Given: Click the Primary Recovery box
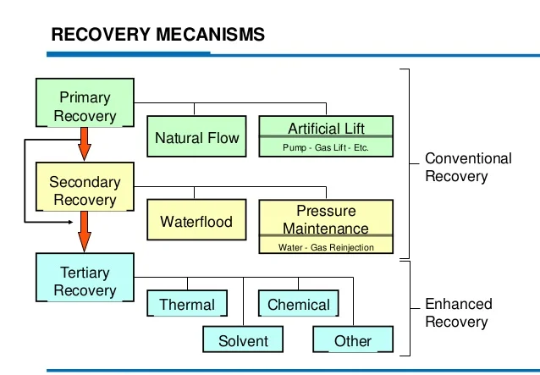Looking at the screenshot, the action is coord(85,102).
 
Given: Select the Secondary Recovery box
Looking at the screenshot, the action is coord(85,186).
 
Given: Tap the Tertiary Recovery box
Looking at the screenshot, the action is coord(85,278).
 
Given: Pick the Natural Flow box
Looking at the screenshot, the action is coord(196,136).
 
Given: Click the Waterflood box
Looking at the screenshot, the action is coord(196,220).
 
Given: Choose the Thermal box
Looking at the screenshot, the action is coord(187,303).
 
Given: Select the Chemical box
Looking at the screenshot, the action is coord(299,303).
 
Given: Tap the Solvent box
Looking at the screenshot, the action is coord(243,339).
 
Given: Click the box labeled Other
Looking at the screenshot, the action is coord(353,339).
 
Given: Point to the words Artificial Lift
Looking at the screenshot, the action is coord(326,129).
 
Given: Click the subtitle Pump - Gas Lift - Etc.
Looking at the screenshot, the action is coord(326,148).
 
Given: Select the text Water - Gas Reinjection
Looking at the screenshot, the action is coord(326,247).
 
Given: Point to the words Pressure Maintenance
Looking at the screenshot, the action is coord(326,220).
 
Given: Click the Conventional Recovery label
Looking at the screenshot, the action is coord(468,168).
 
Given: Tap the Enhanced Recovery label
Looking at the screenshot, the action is coord(459,313).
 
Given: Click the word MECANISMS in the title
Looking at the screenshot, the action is coord(211,35).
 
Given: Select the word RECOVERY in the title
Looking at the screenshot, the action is coord(101,35).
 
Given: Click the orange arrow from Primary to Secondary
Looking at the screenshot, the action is coord(85,144).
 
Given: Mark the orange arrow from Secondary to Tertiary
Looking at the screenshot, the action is coord(85,232).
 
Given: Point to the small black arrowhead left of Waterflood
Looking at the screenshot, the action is coord(70,222).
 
